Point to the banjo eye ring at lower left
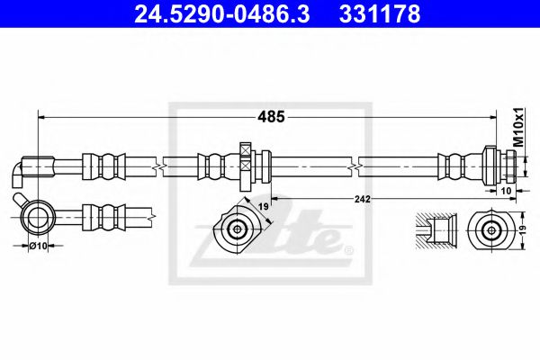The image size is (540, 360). (38, 215)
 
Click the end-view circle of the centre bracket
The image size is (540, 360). (238, 229)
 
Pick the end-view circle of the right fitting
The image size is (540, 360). (490, 229)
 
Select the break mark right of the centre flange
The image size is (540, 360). (360, 166)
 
